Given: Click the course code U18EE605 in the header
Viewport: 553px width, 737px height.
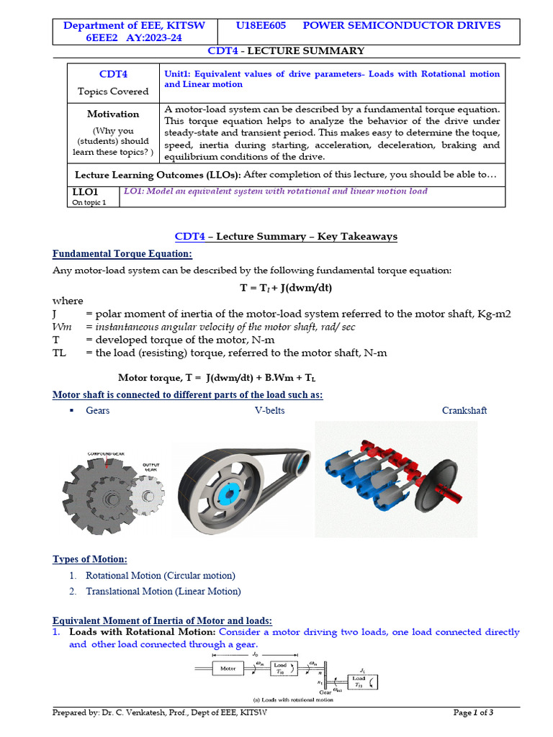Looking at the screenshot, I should [x=261, y=25].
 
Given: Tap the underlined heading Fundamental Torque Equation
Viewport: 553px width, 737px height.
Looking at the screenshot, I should [x=122, y=254].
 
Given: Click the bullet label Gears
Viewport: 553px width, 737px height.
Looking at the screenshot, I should [x=98, y=410].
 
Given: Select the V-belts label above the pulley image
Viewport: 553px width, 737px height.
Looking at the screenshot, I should [x=269, y=410].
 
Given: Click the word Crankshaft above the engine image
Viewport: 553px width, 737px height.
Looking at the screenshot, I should [x=464, y=410].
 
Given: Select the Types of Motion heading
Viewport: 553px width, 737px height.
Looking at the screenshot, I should [x=90, y=559].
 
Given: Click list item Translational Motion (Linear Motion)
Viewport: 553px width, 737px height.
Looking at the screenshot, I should [x=163, y=592].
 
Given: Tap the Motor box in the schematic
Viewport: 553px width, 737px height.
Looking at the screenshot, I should [x=228, y=669].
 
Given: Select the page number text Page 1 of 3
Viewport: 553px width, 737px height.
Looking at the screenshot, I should [x=473, y=713].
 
